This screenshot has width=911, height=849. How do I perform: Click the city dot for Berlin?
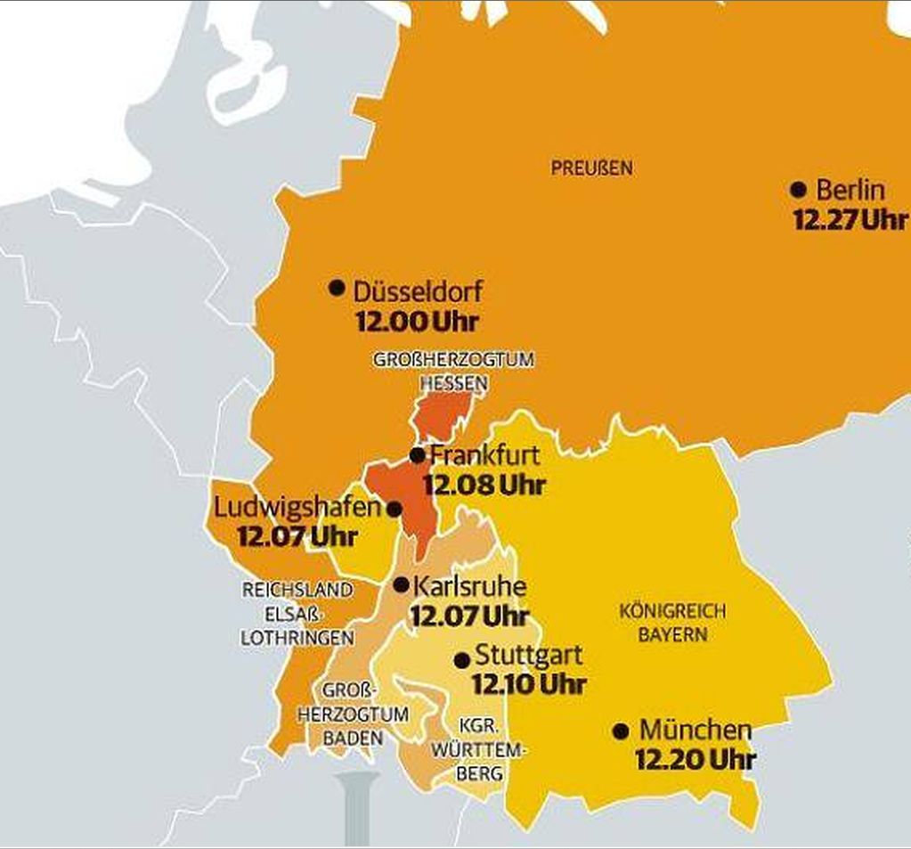798,190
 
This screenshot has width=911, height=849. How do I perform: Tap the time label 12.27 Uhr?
850,220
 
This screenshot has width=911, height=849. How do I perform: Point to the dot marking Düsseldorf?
337,287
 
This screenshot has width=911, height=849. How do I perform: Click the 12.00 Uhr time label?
417,322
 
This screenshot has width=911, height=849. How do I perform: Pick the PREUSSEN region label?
591,167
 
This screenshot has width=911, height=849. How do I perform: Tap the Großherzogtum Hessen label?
454,371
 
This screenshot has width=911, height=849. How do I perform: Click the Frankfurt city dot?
417,455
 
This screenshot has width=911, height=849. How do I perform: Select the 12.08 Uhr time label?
484,486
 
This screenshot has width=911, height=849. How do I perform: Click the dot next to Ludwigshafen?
394,509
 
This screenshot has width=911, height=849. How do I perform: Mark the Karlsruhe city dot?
401,585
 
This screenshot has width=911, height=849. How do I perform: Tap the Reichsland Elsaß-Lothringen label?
297,614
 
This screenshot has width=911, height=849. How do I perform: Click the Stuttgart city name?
529,656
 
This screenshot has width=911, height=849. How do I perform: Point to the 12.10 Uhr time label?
528,684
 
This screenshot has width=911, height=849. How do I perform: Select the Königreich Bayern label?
672,623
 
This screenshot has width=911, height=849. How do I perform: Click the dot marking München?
622,731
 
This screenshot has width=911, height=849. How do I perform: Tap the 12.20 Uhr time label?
695,760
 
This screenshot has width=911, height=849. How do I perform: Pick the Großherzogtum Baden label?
353,714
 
